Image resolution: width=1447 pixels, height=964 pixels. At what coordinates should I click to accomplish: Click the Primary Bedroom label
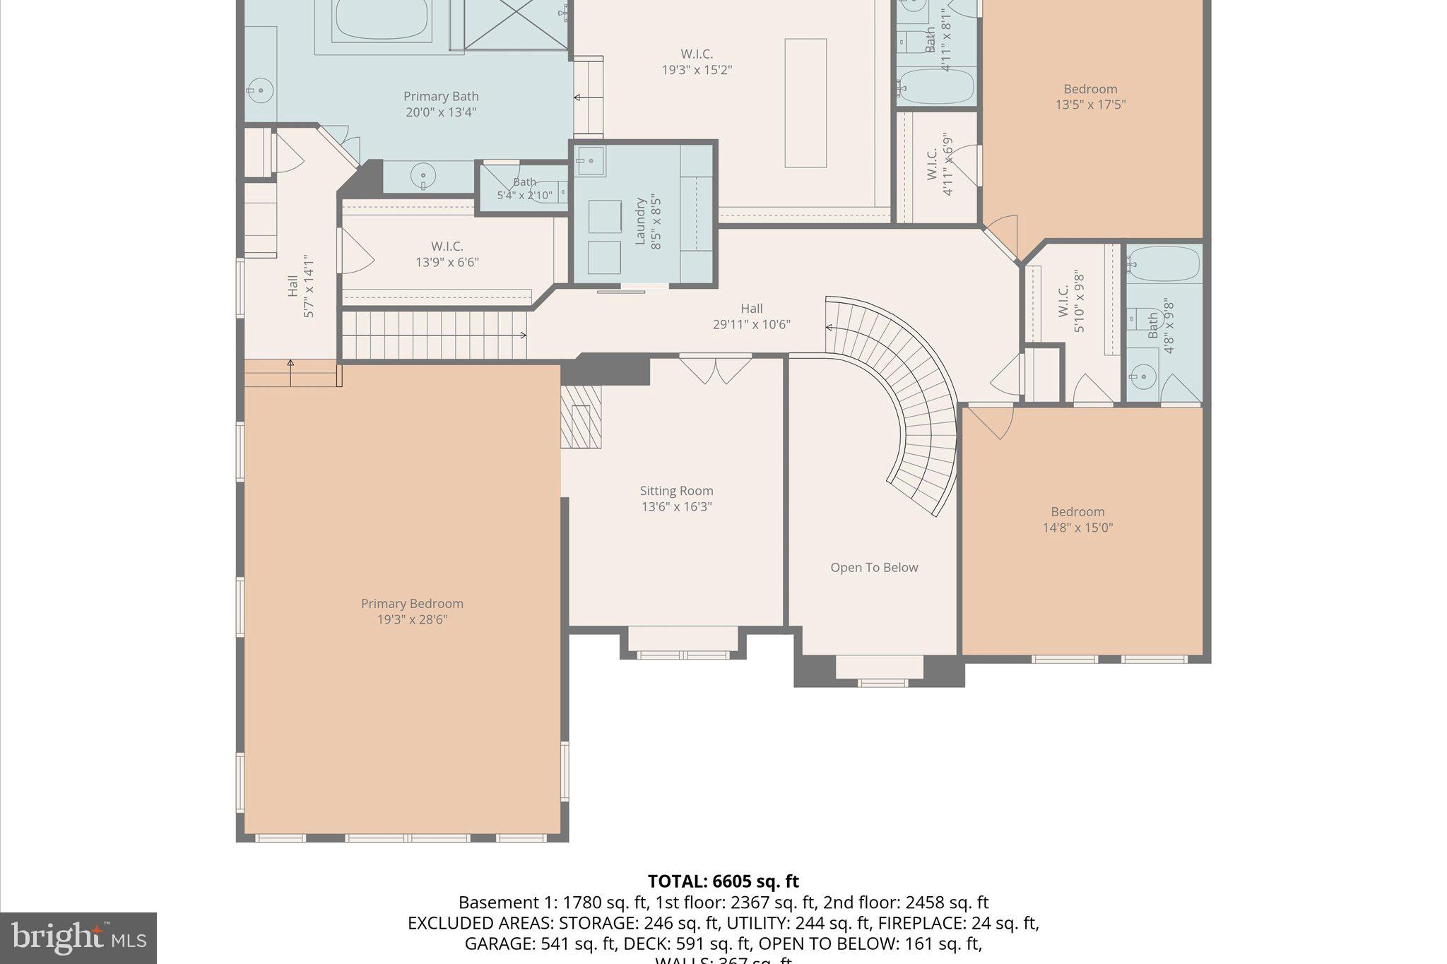tap(412, 604)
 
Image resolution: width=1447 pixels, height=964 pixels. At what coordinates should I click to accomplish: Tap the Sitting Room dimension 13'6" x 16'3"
tap(676, 507)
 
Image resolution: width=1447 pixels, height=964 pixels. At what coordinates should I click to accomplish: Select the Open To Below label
tap(874, 568)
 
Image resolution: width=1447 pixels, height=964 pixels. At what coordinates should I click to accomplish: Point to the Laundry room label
tap(641, 221)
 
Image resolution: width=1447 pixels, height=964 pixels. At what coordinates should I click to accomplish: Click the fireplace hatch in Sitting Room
tap(581, 417)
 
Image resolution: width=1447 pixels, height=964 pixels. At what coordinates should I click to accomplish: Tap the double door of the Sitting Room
tap(715, 369)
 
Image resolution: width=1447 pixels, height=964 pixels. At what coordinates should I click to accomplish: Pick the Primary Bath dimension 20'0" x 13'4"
tap(441, 112)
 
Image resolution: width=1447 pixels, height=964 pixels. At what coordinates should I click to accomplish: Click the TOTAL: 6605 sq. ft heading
tap(723, 881)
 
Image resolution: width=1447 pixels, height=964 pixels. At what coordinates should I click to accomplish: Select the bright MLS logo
tap(78, 938)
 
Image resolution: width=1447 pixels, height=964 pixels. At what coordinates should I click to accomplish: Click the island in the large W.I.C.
tap(805, 103)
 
